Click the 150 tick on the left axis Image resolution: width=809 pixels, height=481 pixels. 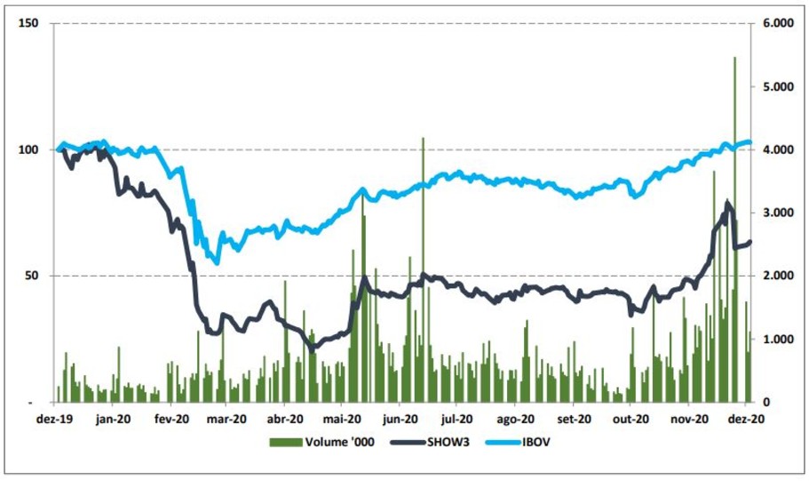tap(31, 23)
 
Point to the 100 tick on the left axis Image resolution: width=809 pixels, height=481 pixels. tap(31, 149)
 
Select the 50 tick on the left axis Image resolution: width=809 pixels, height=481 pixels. tap(35, 276)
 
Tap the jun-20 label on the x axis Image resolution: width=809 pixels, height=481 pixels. tap(400, 418)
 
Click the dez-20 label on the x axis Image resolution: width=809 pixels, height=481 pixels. tap(746, 418)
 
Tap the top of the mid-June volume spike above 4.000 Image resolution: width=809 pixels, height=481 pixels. tap(423, 139)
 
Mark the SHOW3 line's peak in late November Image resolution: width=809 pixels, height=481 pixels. tap(728, 204)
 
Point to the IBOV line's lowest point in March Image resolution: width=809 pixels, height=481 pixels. tap(216, 261)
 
